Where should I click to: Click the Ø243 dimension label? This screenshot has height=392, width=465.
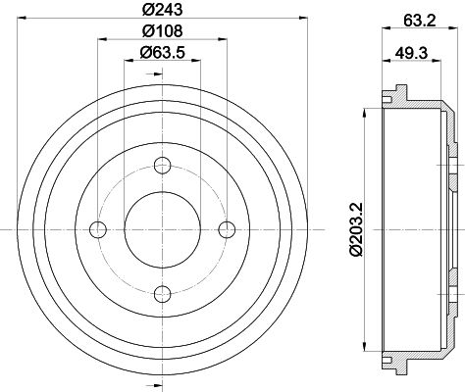point(163,9)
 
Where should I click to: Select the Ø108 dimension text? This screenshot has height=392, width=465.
point(163,31)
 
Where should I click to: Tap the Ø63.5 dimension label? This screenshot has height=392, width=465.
point(163,52)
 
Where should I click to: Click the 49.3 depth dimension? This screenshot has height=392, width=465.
point(411,52)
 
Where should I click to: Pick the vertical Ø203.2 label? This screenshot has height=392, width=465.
point(356,229)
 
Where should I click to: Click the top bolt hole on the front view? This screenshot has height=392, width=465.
point(163,166)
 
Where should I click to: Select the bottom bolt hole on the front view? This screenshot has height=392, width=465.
point(163,294)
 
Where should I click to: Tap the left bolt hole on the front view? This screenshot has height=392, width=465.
point(98,229)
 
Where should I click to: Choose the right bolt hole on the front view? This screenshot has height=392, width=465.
point(227,229)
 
